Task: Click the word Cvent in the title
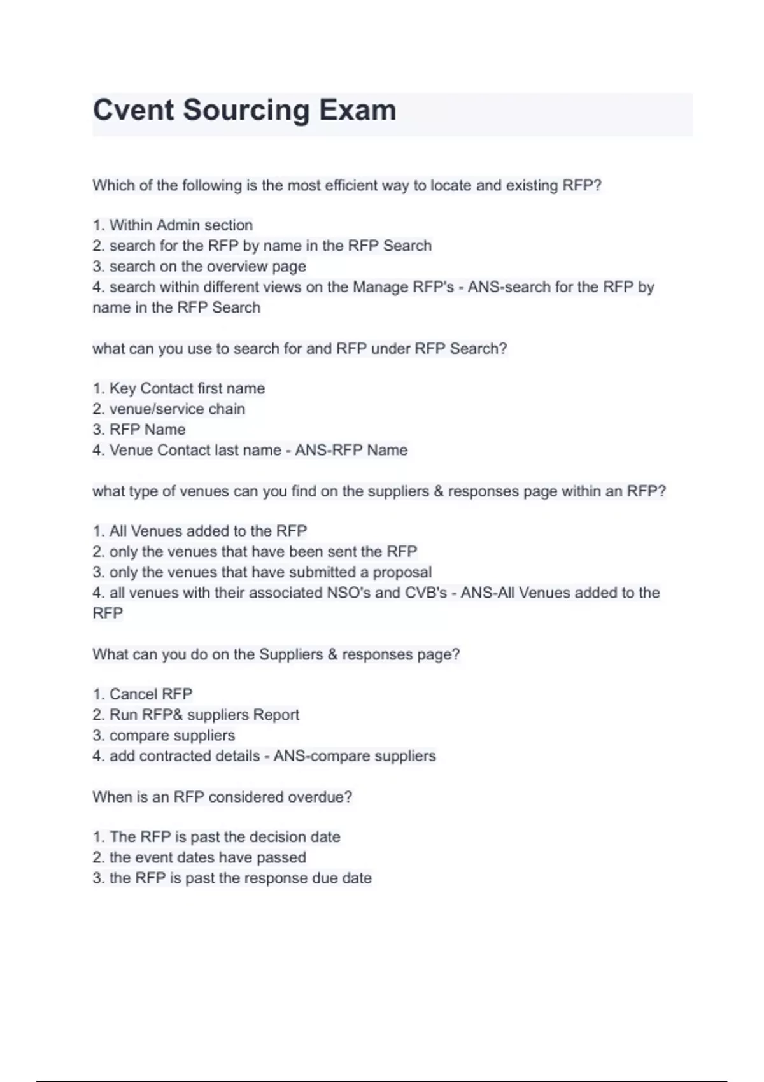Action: (x=133, y=110)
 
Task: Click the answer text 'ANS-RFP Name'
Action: (x=351, y=450)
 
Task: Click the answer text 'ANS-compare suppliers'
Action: (x=355, y=756)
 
